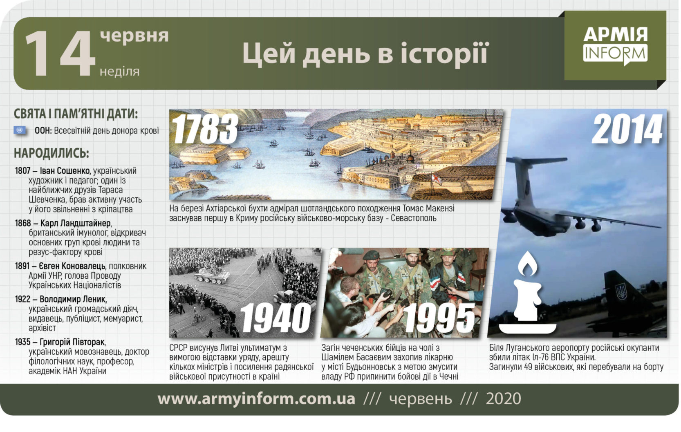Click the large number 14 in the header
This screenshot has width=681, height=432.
(60, 53)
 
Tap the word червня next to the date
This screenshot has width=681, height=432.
(134, 36)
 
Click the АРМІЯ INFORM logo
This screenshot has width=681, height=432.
(615, 46)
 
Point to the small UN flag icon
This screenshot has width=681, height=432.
(20, 130)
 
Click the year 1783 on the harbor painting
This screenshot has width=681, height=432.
(205, 129)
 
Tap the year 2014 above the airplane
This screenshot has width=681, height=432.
(627, 129)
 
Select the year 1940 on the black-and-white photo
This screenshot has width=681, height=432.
(275, 318)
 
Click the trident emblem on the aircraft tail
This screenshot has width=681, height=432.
(621, 291)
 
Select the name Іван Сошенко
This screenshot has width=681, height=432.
(65, 171)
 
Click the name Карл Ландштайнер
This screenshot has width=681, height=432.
(75, 223)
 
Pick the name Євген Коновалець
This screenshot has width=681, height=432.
(72, 266)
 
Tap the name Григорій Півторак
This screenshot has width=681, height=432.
(72, 342)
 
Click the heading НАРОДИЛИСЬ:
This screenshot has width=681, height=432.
(52, 153)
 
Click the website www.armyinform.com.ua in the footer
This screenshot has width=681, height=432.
(256, 398)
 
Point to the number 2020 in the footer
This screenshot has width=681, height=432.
(504, 398)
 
